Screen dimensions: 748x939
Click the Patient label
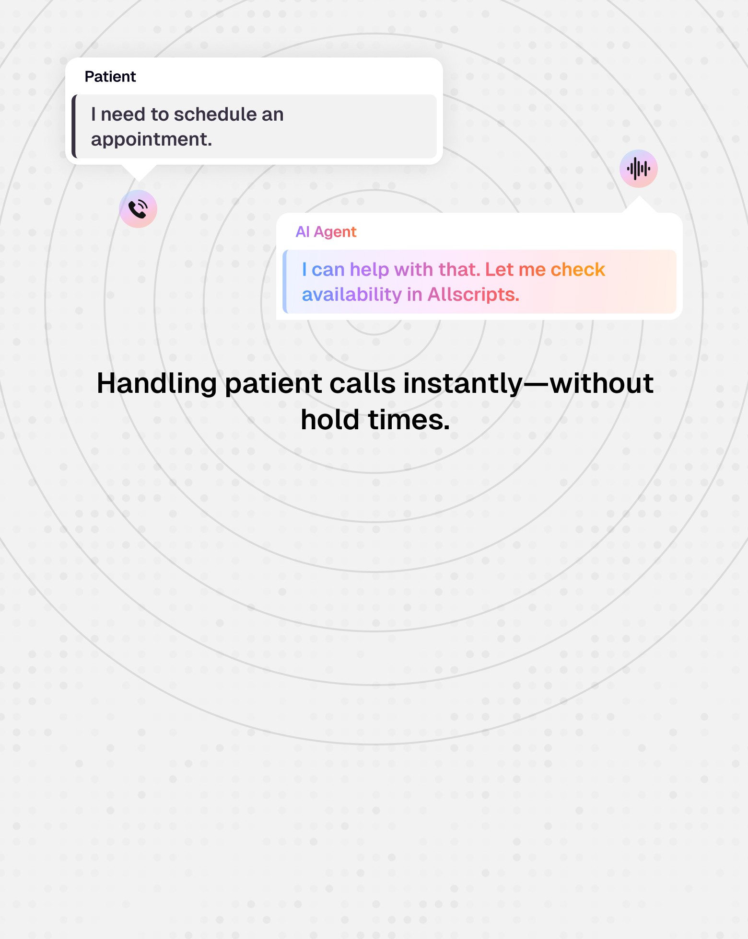pyautogui.click(x=110, y=77)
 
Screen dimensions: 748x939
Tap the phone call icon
pyautogui.click(x=138, y=209)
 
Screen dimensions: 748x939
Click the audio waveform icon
pyautogui.click(x=638, y=169)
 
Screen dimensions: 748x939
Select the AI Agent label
pyautogui.click(x=326, y=232)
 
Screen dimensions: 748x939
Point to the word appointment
pyautogui.click(x=151, y=139)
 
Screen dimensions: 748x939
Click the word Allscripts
pyautogui.click(x=473, y=295)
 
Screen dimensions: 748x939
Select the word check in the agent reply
pyautogui.click(x=577, y=270)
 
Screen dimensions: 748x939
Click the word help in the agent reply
pyautogui.click(x=369, y=270)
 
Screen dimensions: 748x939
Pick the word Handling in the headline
pyautogui.click(x=157, y=384)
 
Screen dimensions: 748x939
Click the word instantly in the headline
pyautogui.click(x=463, y=384)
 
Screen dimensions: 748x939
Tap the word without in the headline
pyautogui.click(x=601, y=384)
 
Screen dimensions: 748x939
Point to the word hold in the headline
pyautogui.click(x=330, y=420)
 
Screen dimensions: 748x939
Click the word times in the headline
pyautogui.click(x=409, y=420)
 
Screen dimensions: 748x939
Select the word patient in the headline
pyautogui.click(x=273, y=384)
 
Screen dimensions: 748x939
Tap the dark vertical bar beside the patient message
pyautogui.click(x=74, y=126)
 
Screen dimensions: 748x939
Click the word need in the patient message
pyautogui.click(x=123, y=115)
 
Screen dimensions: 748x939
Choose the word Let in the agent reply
pyautogui.click(x=499, y=270)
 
